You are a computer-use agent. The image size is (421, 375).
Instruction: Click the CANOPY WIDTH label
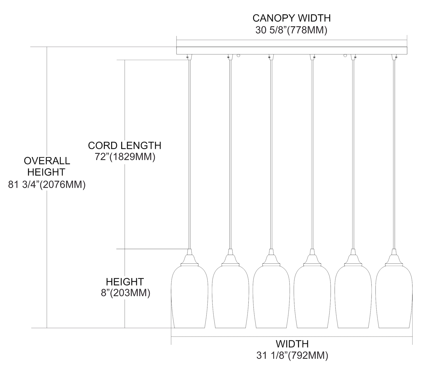(291, 18)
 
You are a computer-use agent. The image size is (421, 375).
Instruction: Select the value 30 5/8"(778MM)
(291, 30)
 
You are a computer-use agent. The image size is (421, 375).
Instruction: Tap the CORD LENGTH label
(125, 146)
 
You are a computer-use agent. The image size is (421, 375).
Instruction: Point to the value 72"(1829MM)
(125, 157)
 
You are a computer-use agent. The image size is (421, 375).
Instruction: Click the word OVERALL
(47, 161)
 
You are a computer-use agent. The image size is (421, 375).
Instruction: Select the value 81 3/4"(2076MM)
(47, 185)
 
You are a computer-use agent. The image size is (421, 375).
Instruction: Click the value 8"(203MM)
(125, 293)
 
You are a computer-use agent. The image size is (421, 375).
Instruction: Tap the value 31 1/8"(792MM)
(292, 356)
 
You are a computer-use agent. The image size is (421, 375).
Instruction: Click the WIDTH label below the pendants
(292, 344)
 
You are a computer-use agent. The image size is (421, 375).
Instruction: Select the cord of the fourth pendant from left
(312, 154)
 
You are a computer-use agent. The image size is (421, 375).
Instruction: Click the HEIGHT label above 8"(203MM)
(125, 282)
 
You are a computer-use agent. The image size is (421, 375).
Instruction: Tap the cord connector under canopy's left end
(189, 57)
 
